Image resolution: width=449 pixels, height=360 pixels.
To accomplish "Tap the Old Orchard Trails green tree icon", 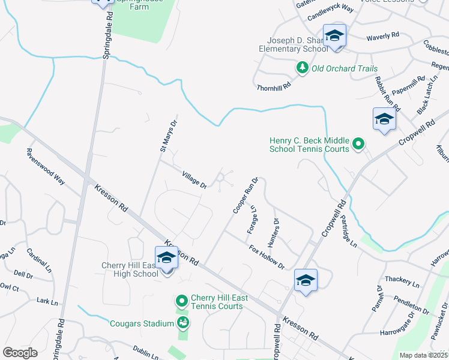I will point(303,68).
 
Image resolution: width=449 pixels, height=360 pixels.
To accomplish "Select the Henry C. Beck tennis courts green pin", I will point(358,143).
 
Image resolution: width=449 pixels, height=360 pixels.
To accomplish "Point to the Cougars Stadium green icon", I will point(183,323).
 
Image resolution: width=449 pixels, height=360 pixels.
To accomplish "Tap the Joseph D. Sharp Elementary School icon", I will point(334,36).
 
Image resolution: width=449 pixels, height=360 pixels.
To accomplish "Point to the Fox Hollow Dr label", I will point(266,257).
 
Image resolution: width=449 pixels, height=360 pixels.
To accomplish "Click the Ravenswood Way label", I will point(46,166).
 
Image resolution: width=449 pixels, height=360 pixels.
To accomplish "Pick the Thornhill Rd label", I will point(274,86).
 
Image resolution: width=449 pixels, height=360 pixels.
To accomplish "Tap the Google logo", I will point(20,353).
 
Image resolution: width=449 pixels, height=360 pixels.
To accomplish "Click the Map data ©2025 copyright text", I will point(424,355).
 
